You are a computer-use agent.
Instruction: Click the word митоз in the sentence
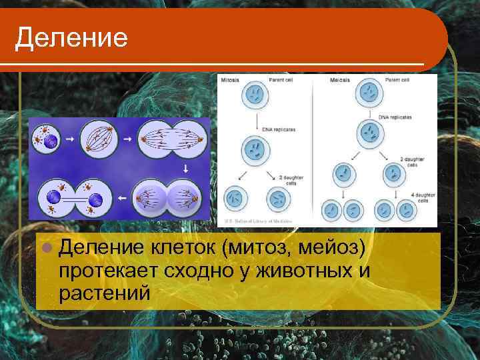point(263,249)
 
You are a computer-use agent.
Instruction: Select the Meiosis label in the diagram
point(341,80)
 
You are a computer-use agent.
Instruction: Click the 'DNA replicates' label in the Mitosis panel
point(280,129)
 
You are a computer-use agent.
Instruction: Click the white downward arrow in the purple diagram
point(185,169)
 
